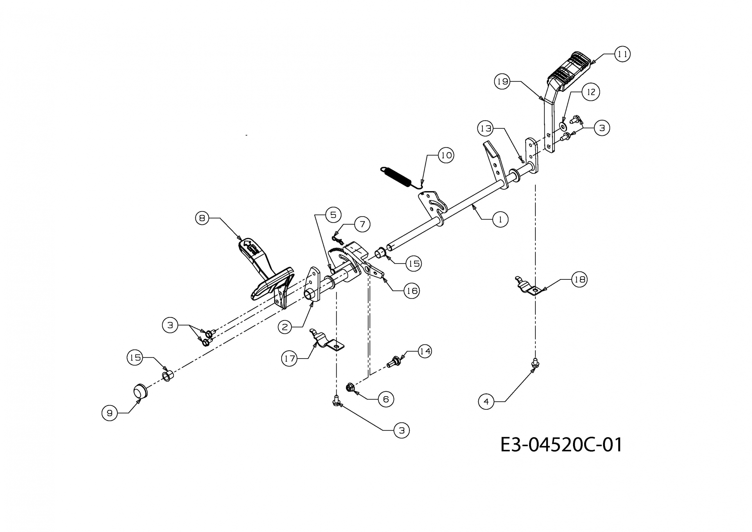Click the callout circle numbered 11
tap(622, 54)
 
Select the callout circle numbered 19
tap(502, 81)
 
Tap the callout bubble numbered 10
tap(446, 155)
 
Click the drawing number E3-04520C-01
tap(561, 445)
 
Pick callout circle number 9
tap(110, 413)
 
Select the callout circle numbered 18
tap(579, 279)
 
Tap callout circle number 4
tap(486, 402)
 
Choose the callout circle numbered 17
tap(290, 358)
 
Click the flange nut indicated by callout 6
tap(350, 387)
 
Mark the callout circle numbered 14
tap(425, 351)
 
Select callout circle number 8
tap(202, 218)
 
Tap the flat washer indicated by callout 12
tap(563, 126)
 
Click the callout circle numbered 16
tap(411, 291)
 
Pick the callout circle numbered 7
tap(362, 224)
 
